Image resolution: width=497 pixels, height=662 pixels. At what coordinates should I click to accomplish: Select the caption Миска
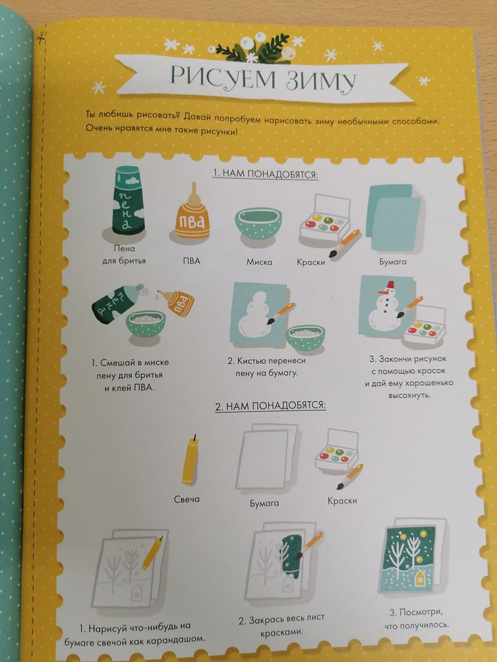[259, 261]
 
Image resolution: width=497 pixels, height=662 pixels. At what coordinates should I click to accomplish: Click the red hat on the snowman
[389, 283]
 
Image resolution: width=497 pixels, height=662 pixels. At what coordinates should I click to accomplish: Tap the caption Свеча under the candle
[186, 499]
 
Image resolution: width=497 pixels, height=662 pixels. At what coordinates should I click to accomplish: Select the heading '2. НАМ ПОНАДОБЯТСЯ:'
[270, 406]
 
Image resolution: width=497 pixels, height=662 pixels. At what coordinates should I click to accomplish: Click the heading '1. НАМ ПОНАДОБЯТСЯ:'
[265, 173]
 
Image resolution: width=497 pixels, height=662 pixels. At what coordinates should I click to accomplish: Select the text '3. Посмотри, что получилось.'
[417, 618]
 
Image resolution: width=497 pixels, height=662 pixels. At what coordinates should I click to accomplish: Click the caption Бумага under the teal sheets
[392, 261]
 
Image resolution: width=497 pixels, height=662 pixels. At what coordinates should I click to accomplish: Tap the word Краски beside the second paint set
[343, 500]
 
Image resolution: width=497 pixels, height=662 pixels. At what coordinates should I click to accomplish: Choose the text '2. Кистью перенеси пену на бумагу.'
[266, 367]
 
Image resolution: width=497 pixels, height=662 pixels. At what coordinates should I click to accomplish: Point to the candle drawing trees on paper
[153, 552]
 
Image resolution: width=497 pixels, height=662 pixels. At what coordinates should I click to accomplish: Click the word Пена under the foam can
[125, 249]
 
